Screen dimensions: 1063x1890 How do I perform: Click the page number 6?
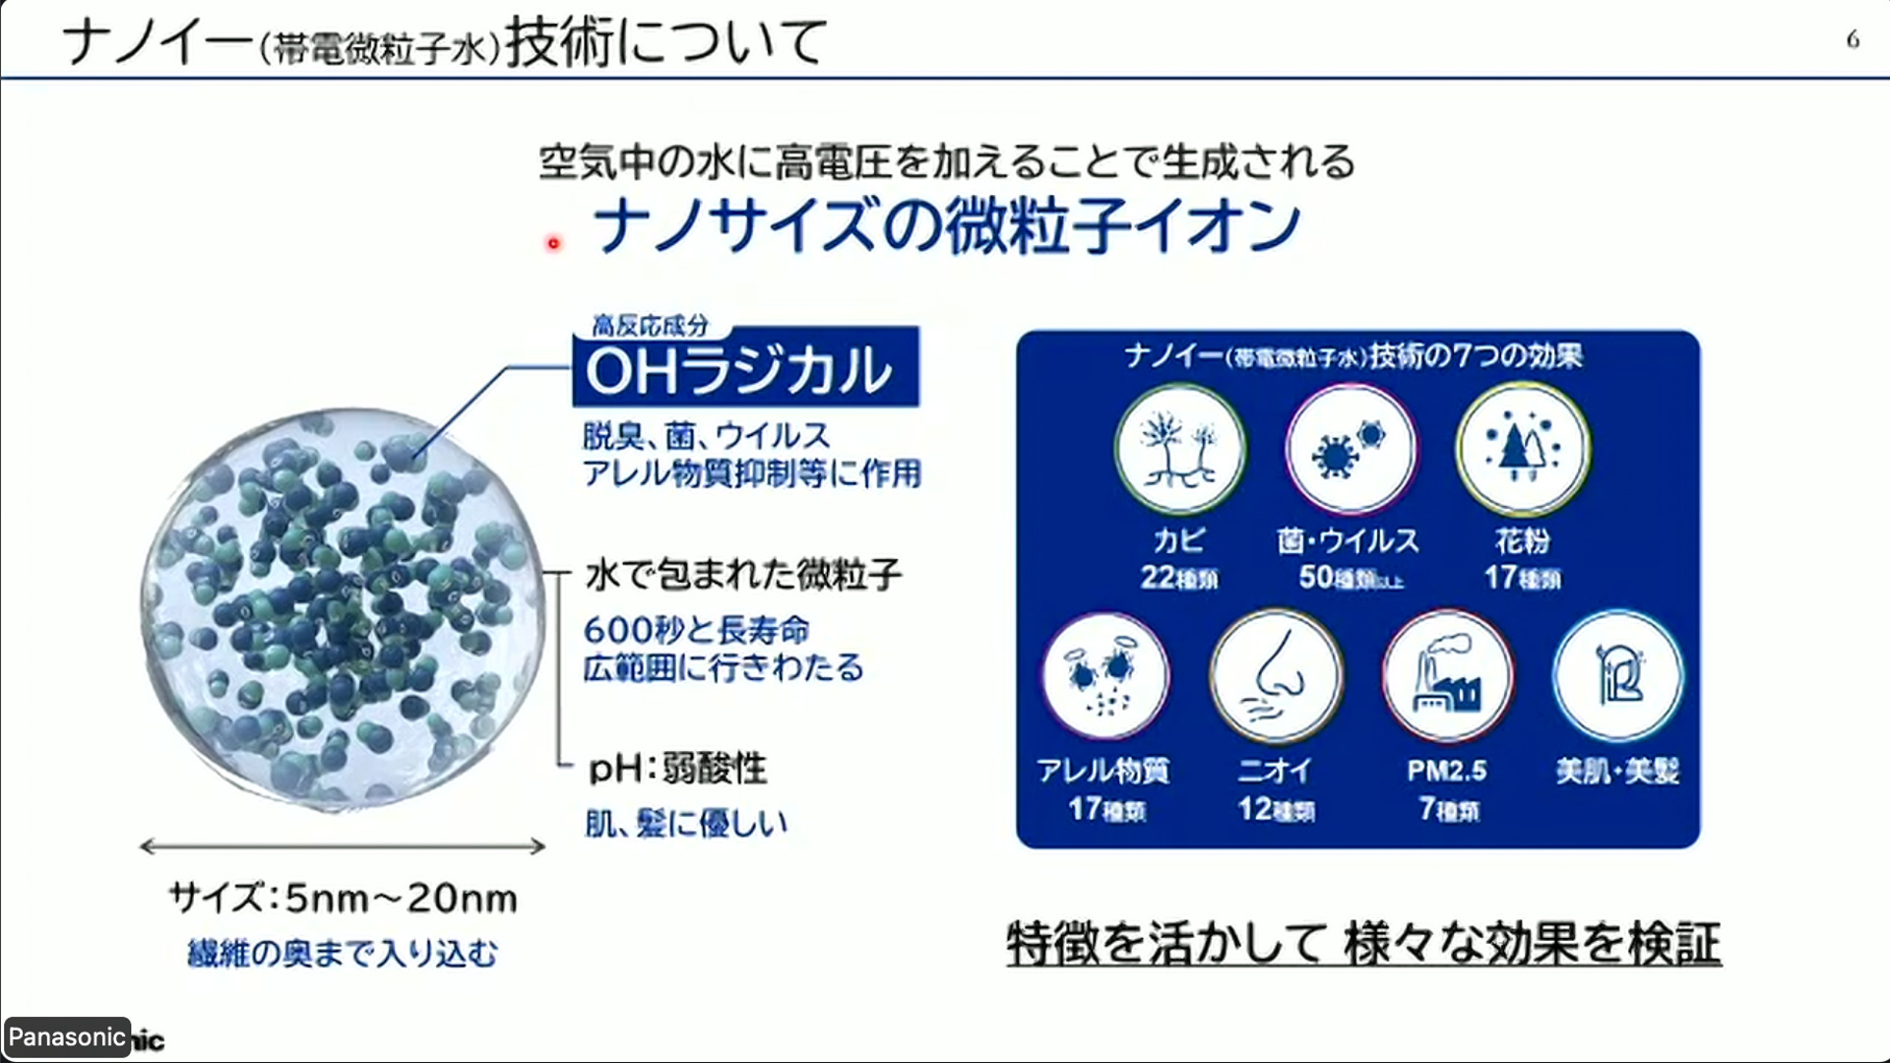(x=1853, y=40)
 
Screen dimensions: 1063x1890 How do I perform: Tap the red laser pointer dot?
(x=554, y=243)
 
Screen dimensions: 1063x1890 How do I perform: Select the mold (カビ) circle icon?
(x=1179, y=450)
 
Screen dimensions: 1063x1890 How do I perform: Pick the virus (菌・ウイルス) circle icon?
(x=1351, y=450)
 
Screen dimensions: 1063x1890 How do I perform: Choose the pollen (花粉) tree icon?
(x=1523, y=450)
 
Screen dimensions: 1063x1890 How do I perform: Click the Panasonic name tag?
(x=66, y=1037)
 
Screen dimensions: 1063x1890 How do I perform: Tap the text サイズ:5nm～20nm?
(x=343, y=899)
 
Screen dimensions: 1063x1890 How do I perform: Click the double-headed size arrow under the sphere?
(x=343, y=846)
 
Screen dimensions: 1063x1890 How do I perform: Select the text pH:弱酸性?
(x=677, y=769)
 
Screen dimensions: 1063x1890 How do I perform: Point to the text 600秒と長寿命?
(x=697, y=630)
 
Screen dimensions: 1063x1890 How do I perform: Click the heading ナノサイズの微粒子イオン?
(x=947, y=226)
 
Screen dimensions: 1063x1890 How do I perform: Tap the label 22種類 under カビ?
(x=1179, y=578)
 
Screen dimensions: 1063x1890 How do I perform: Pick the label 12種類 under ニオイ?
(x=1277, y=810)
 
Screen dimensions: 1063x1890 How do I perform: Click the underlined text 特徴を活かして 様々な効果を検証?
(x=1363, y=943)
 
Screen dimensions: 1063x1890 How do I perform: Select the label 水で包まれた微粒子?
(x=743, y=575)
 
